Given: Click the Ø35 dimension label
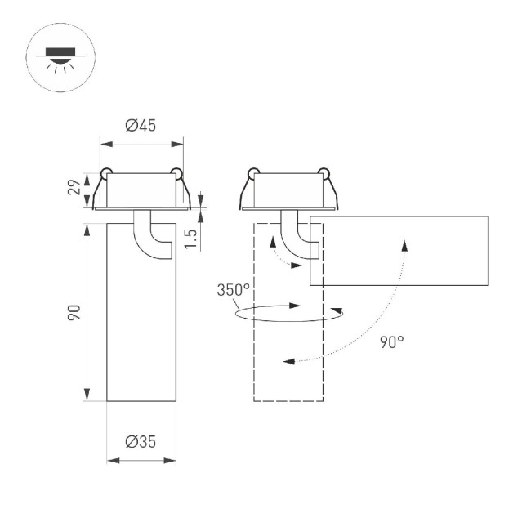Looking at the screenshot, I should (141, 442).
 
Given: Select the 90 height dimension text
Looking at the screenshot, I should (74, 312).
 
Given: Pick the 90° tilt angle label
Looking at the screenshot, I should (391, 342).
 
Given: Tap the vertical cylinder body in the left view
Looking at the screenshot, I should (141, 327).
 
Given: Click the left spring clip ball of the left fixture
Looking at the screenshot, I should (106, 172).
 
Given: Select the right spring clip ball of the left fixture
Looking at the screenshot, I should (176, 172).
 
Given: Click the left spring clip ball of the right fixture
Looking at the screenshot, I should (253, 172).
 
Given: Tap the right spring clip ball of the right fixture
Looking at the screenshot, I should (323, 172).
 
